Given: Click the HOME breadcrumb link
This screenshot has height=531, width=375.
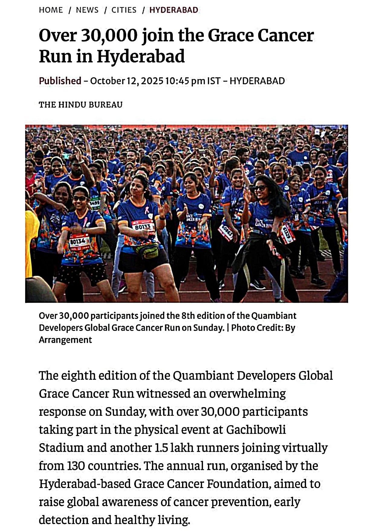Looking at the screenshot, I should pyautogui.click(x=51, y=10).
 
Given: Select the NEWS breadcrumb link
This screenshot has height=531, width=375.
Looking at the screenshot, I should pyautogui.click(x=87, y=10).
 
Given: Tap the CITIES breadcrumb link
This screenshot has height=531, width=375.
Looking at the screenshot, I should pyautogui.click(x=124, y=10).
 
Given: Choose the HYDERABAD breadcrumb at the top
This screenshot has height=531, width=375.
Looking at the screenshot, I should pyautogui.click(x=174, y=10).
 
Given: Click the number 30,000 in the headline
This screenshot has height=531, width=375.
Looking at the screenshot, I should pyautogui.click(x=109, y=35).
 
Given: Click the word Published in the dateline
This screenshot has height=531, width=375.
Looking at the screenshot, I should pyautogui.click(x=60, y=81).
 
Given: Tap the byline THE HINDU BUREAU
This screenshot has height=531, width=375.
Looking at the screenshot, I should pyautogui.click(x=80, y=105).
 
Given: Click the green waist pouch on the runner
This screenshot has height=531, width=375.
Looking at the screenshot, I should pyautogui.click(x=147, y=251).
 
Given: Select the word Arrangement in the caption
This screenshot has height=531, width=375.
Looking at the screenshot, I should pyautogui.click(x=65, y=340).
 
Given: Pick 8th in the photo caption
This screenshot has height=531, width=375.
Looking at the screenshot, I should pyautogui.click(x=188, y=316).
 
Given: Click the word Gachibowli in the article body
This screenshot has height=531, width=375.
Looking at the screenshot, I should pyautogui.click(x=256, y=429).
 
